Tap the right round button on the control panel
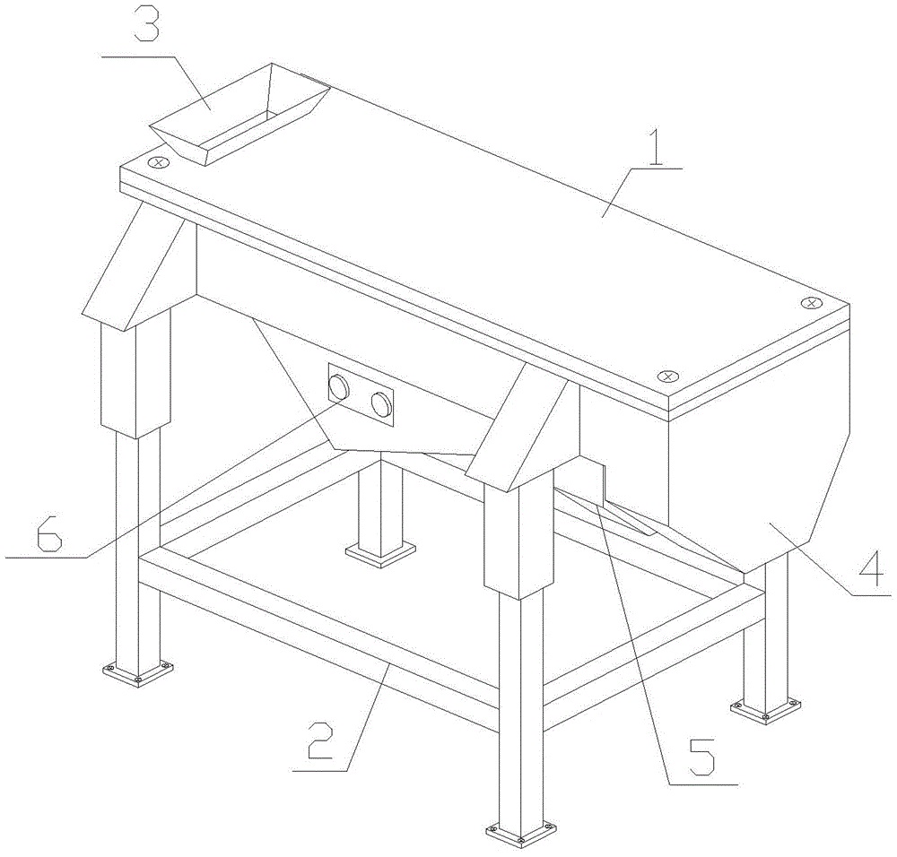click(x=381, y=404)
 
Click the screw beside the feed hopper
click(x=159, y=162)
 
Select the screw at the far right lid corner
click(x=811, y=302)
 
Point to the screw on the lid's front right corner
click(x=666, y=377)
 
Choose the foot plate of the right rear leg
click(x=765, y=709)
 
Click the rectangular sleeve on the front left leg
click(x=135, y=374)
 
